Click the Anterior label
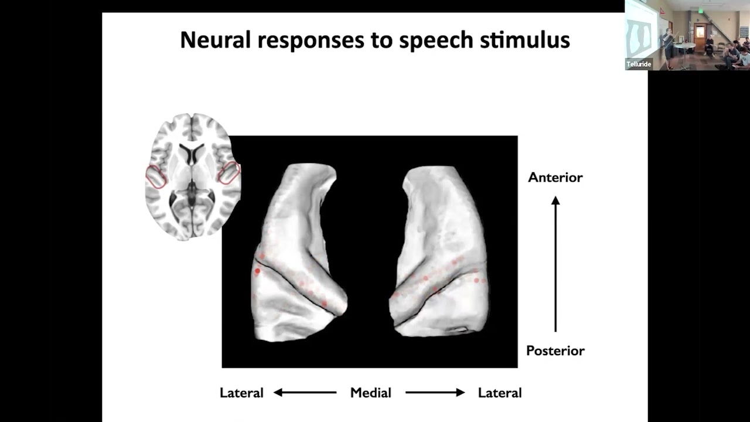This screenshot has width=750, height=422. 555,177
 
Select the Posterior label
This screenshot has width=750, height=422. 555,350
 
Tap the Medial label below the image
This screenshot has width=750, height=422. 370,393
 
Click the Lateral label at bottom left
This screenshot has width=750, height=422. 241,393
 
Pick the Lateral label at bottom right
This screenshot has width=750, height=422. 499,393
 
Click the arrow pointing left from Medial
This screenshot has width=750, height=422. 305,393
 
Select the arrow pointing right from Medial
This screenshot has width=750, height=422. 435,393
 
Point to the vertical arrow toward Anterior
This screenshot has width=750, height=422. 555,264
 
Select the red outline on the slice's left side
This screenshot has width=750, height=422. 156,176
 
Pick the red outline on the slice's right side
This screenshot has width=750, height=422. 229,173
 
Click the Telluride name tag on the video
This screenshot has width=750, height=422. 639,64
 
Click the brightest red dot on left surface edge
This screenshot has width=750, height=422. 257,271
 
